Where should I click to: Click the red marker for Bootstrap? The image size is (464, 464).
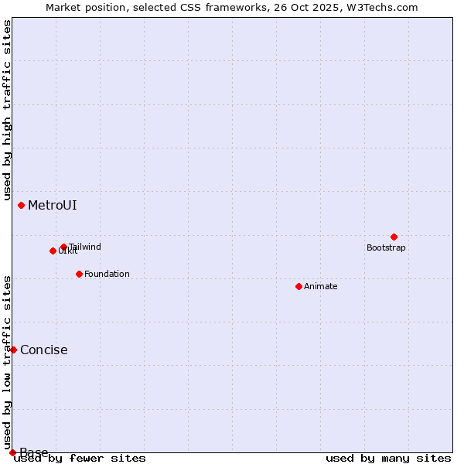tap(394, 237)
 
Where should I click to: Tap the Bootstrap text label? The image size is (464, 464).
tap(386, 248)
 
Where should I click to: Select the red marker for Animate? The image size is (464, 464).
tap(299, 286)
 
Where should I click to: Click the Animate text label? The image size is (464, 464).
tap(321, 287)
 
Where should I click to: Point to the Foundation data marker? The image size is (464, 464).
tap(79, 274)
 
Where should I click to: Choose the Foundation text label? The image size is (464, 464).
tap(107, 275)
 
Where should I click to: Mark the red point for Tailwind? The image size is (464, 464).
tap(63, 247)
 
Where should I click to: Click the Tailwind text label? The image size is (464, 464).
tap(85, 247)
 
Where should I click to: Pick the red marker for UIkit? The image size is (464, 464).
tap(53, 251)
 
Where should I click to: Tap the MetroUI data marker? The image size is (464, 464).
tap(21, 205)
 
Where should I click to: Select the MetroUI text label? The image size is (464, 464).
tap(52, 206)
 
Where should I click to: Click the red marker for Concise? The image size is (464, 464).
tap(13, 350)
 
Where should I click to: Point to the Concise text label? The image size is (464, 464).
tap(43, 350)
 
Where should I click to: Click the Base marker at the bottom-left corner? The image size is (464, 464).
tap(12, 452)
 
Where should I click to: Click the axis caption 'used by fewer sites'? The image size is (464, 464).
tap(80, 459)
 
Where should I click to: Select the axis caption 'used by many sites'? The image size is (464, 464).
tap(388, 459)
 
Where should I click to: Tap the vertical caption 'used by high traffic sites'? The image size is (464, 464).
tap(7, 111)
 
